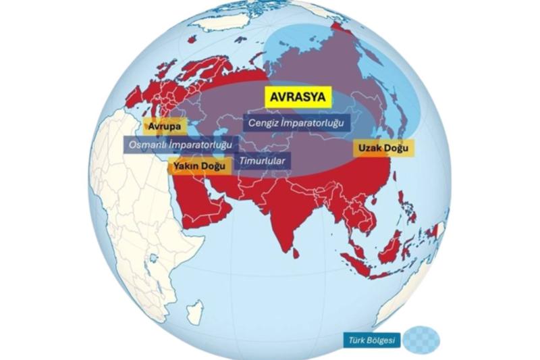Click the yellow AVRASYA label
(x=298, y=97)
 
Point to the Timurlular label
(x=263, y=161)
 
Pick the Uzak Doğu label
(x=383, y=147)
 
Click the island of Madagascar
(x=194, y=312)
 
